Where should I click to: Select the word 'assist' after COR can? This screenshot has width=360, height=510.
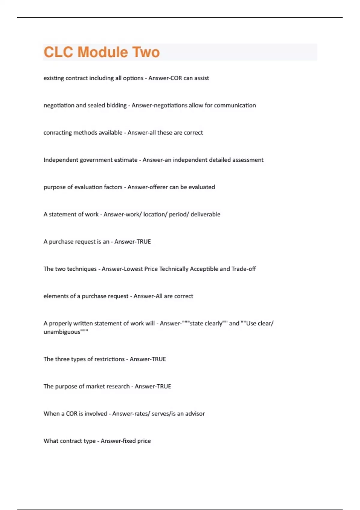coord(202,78)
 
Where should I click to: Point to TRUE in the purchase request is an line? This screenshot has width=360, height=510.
coord(144,242)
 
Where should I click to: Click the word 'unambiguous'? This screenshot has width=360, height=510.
coord(62,332)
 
